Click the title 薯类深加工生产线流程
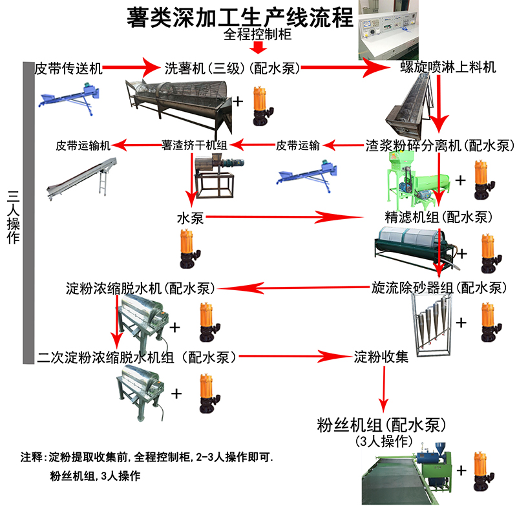240,16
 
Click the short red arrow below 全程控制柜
258,48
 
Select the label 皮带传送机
67,67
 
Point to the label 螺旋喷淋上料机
448,67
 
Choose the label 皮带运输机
83,145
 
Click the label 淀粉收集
381,356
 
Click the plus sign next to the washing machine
238,101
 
